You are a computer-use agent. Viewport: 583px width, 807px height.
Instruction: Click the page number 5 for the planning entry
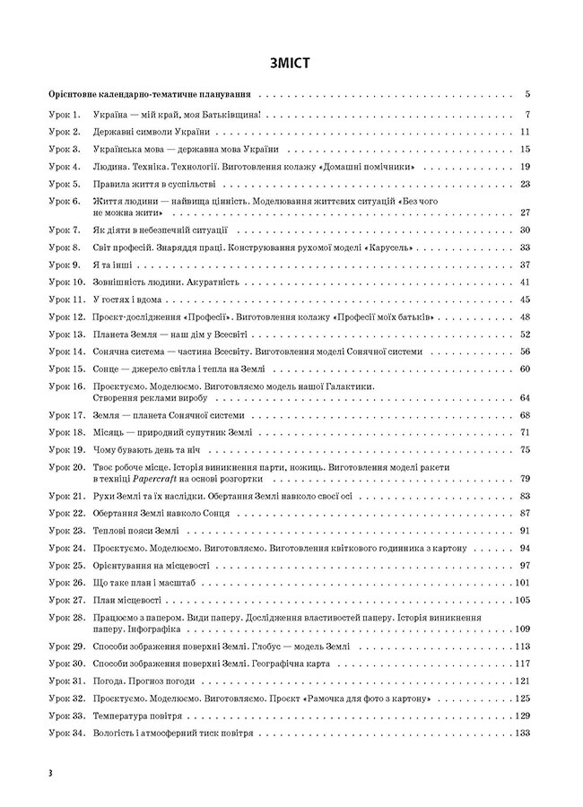pos(528,93)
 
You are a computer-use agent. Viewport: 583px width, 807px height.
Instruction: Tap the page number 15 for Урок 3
pos(526,149)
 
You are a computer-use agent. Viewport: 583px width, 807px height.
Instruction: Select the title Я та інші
pos(112,265)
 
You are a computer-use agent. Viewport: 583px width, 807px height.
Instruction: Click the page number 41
pos(526,282)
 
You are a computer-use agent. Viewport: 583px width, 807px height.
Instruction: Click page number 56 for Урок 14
pos(526,352)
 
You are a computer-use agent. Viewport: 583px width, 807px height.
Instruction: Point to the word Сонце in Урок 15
pos(108,369)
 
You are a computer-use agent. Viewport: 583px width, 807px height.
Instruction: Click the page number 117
pos(524,664)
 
